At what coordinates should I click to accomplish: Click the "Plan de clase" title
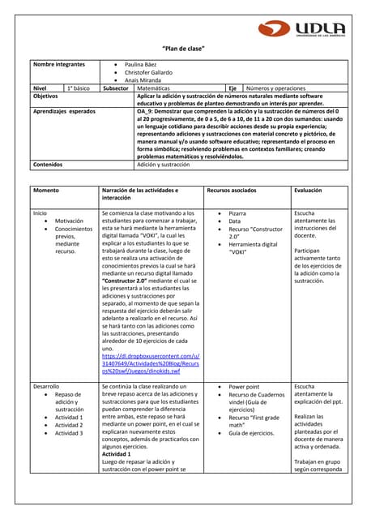(x=183, y=49)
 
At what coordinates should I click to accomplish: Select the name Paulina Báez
(x=141, y=63)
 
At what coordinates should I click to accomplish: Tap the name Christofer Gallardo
(x=148, y=72)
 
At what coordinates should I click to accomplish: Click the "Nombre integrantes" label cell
(x=58, y=63)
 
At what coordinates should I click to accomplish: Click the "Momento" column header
(x=46, y=190)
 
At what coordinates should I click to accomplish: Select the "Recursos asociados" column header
(x=233, y=190)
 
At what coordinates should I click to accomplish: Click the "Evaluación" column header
(x=309, y=190)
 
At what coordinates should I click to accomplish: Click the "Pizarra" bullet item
(x=237, y=213)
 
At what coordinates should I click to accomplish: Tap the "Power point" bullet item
(x=244, y=388)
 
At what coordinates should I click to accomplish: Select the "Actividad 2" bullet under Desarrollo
(x=69, y=425)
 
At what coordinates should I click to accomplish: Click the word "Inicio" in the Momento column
(x=41, y=213)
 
